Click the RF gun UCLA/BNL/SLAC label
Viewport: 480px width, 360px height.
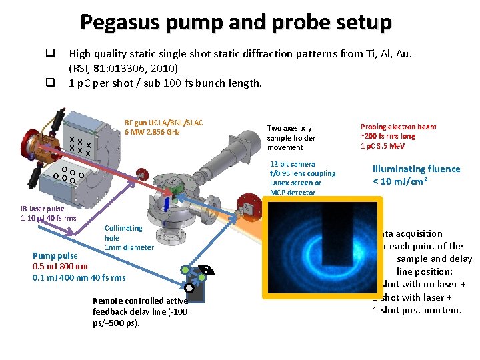tap(163, 123)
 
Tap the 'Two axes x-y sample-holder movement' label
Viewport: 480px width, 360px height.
tap(291, 137)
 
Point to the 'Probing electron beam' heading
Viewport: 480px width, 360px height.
tap(398, 127)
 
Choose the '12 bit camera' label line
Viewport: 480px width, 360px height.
tap(292, 164)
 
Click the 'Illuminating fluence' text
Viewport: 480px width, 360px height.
tap(416, 169)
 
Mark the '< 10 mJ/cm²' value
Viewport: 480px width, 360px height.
tap(400, 181)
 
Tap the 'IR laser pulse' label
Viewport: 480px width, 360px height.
tap(43, 209)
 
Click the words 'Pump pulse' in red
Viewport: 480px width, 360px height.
tap(55, 255)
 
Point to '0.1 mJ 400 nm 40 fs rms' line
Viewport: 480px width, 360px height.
tap(79, 277)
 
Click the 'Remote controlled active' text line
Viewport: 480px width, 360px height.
tap(140, 301)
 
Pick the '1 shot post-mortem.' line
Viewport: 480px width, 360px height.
tap(417, 310)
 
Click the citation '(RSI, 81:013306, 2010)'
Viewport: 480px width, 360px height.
tap(123, 67)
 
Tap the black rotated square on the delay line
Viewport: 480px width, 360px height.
tap(207, 269)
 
